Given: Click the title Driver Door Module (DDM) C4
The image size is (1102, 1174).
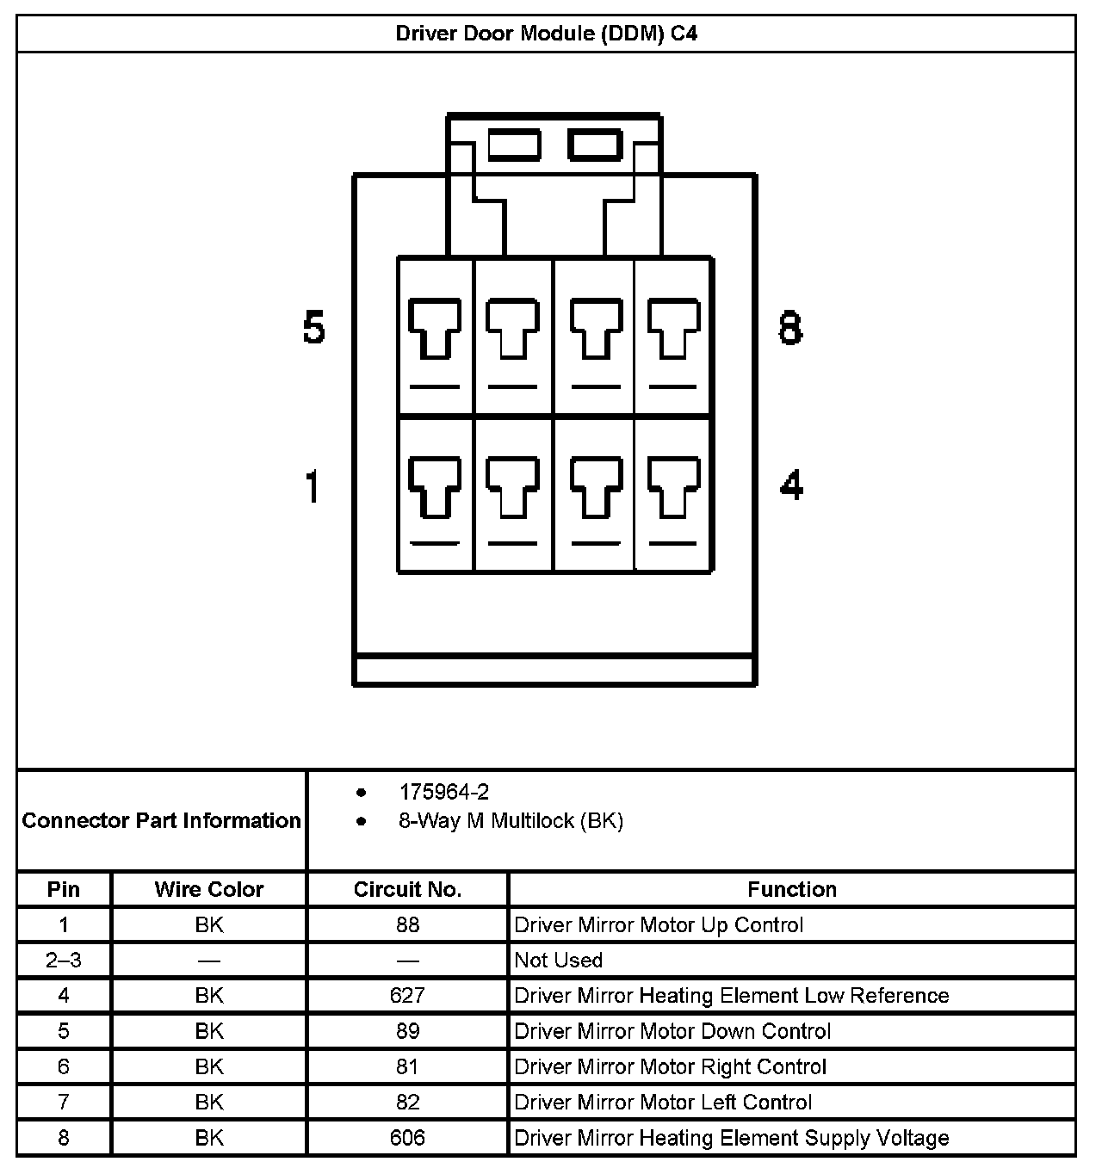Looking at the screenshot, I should [x=546, y=34].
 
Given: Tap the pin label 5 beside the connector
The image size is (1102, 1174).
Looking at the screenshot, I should [x=314, y=329].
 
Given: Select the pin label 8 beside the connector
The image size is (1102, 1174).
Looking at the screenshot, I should [x=790, y=329].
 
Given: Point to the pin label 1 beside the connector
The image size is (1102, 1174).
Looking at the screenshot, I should [x=313, y=486].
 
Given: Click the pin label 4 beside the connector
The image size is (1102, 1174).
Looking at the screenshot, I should [x=791, y=485].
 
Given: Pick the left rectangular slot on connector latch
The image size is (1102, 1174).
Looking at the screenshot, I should [x=514, y=145].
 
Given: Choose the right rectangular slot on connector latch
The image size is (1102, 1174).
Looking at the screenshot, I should [x=595, y=145].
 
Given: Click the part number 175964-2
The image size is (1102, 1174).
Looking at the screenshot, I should [x=444, y=792].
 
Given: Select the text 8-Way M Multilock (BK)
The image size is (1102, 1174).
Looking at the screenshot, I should [x=511, y=821].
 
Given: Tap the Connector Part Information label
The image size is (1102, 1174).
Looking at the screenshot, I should [x=162, y=820].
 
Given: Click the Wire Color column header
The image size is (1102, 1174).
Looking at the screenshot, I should [x=208, y=889].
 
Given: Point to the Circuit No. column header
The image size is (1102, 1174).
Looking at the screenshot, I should [x=407, y=889].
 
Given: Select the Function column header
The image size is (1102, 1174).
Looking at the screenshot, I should [x=791, y=889].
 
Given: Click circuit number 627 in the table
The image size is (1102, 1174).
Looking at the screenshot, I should [x=407, y=996].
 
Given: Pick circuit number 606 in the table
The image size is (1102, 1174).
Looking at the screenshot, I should [x=407, y=1138].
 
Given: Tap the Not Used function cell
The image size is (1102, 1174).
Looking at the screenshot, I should [x=558, y=961].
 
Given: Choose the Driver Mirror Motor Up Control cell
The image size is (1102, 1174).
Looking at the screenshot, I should [x=659, y=925].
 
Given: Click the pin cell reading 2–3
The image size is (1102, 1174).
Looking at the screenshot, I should [x=64, y=961].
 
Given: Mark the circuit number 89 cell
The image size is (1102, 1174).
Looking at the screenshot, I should [x=407, y=1031].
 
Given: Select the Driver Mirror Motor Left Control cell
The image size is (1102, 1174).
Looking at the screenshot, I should [x=663, y=1103].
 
